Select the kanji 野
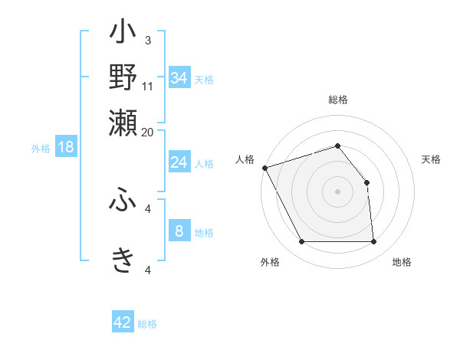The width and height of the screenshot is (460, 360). (123, 77)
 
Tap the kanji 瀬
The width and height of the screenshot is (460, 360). (123, 121)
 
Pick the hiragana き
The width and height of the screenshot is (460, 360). (123, 260)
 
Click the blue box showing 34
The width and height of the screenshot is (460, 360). (179, 78)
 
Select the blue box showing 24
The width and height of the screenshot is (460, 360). (179, 162)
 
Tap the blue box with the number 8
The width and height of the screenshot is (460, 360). (179, 231)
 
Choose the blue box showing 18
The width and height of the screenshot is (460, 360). (66, 147)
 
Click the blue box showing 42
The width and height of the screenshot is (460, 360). (123, 322)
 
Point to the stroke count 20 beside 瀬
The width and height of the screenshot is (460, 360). (148, 132)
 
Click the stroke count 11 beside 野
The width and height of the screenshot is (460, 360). (148, 86)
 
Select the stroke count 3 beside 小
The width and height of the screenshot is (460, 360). (148, 40)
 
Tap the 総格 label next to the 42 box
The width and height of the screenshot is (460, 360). (147, 324)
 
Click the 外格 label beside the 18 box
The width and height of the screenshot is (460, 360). (41, 149)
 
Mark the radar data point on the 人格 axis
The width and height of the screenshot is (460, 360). (264, 168)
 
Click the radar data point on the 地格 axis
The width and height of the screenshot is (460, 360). (374, 242)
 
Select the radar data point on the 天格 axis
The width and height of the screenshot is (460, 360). (366, 182)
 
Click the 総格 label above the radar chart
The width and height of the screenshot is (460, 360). (338, 100)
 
